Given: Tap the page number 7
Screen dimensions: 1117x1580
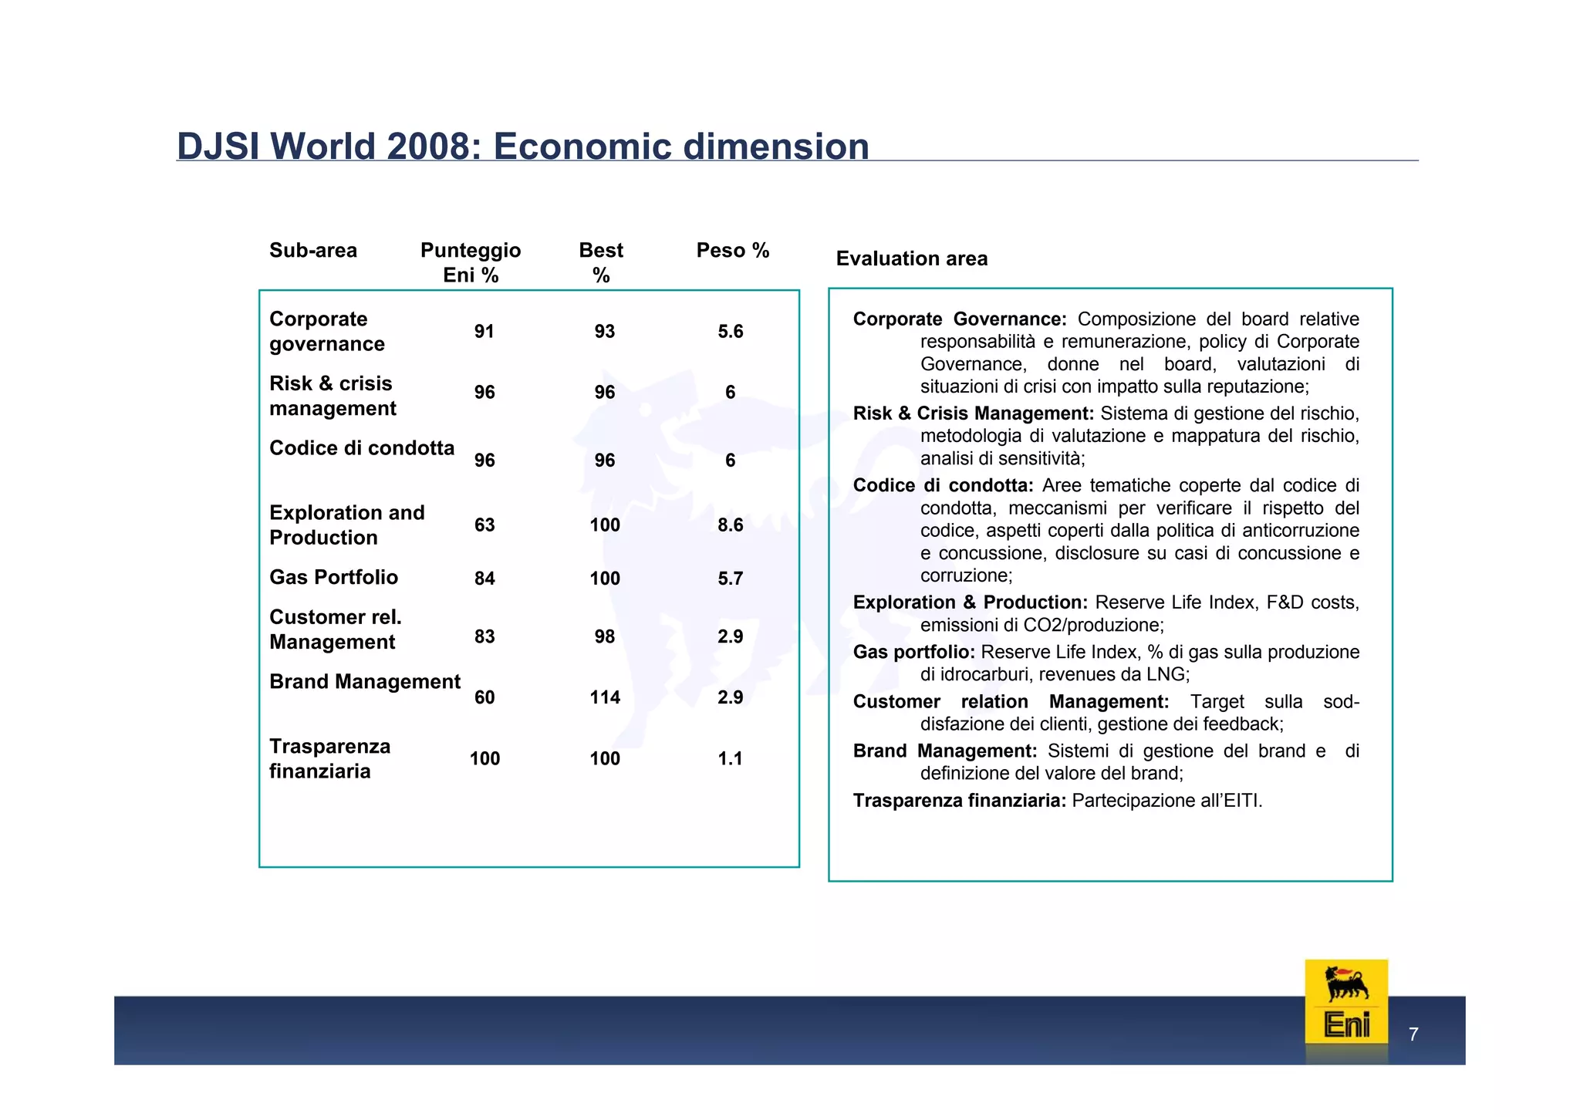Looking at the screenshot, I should (1413, 1034).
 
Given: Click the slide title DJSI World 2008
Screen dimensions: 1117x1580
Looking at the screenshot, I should (522, 147).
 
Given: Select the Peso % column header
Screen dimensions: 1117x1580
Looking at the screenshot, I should (732, 251).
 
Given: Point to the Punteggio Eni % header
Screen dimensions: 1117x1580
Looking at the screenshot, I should (471, 262).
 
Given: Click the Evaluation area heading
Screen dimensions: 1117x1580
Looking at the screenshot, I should (911, 258).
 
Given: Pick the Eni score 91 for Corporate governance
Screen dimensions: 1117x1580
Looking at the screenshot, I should (484, 332).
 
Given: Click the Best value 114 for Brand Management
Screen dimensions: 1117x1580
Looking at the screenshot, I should (605, 697).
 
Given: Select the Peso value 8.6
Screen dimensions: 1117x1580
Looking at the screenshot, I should (730, 525).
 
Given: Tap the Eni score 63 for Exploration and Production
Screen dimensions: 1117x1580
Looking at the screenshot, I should (484, 525).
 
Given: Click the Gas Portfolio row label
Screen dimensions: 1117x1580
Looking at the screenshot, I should (333, 577).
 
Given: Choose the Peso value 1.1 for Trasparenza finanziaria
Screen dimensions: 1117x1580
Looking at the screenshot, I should (730, 758).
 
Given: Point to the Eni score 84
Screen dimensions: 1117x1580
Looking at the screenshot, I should (484, 579).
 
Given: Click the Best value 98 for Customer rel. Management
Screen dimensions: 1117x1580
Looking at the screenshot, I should (605, 636).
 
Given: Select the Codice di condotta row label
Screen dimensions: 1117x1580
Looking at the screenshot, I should (362, 448).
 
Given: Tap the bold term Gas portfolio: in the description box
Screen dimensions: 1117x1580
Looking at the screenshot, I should (913, 652).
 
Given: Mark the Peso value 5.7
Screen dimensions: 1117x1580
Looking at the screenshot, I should (730, 579).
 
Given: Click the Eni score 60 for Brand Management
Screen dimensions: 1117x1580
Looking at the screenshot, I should (484, 697).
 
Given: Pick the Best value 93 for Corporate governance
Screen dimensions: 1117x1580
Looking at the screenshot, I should (605, 332).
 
